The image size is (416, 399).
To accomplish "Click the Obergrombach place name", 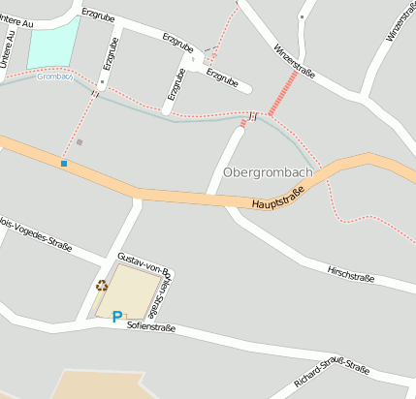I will click(x=268, y=172).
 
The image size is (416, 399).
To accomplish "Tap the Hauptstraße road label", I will click(x=277, y=199).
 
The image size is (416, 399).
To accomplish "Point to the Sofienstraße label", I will click(x=150, y=328).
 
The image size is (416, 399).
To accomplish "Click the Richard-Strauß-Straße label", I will click(x=332, y=381).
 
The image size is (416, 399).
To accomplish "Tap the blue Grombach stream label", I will click(x=54, y=77).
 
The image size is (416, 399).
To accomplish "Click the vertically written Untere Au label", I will click(x=9, y=47).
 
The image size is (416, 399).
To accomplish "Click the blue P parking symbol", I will click(x=117, y=316).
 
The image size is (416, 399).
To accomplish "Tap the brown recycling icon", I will click(x=102, y=286).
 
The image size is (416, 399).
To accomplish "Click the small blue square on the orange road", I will click(x=64, y=164).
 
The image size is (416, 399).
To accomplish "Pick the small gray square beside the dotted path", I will click(x=80, y=142).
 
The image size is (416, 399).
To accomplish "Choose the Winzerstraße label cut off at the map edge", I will click(x=401, y=21).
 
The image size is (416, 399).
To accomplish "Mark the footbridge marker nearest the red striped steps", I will click(x=252, y=115).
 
